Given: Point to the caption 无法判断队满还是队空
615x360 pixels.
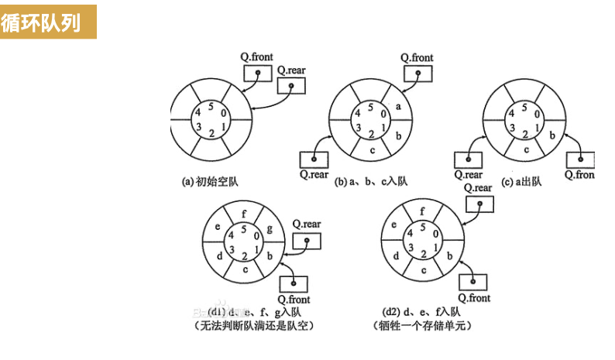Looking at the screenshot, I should click(245, 325).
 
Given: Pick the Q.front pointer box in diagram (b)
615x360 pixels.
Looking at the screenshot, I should click(416, 74).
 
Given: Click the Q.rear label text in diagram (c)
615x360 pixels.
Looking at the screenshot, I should click(468, 175).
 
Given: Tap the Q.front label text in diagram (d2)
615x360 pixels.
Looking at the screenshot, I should click(474, 298).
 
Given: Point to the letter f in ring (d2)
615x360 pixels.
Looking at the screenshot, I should click(421, 210).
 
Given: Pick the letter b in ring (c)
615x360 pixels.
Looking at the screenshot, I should click(551, 135).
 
